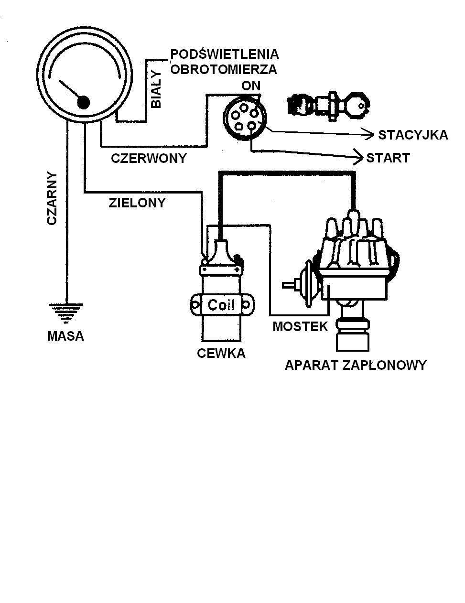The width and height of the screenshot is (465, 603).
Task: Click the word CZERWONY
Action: (x=149, y=158)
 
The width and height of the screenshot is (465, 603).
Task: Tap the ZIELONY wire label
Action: (x=137, y=203)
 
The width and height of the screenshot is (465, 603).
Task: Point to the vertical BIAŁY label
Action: (x=156, y=91)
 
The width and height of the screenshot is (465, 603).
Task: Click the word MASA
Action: (x=65, y=336)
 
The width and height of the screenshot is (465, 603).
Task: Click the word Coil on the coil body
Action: (x=221, y=305)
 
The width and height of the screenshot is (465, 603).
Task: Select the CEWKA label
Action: (x=221, y=354)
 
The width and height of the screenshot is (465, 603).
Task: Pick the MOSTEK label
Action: (x=300, y=327)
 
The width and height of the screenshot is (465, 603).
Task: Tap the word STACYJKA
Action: (x=413, y=135)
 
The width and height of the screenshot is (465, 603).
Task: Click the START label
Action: (x=388, y=158)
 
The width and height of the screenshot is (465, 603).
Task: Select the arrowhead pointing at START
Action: (x=358, y=155)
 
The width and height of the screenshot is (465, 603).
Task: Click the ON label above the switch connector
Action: (x=251, y=86)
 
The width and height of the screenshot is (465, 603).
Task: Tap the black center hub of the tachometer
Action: (x=84, y=102)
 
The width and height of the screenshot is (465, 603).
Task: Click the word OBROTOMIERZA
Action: (x=224, y=70)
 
